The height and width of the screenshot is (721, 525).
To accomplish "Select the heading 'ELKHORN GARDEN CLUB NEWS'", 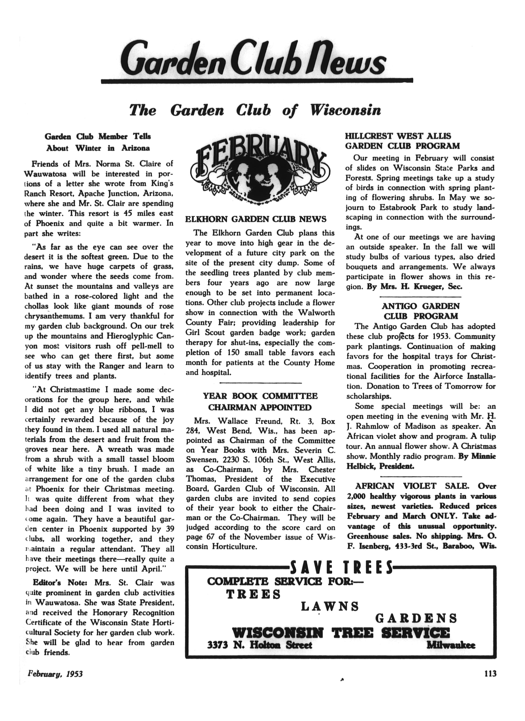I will [x=256, y=219].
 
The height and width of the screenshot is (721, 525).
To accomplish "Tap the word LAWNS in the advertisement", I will [x=329, y=606].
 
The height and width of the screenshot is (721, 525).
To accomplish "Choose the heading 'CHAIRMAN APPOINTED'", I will [x=260, y=407].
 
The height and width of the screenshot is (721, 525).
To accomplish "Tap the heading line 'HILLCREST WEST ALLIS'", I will [x=398, y=136].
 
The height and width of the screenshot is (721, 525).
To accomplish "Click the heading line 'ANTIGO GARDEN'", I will [x=420, y=306].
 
